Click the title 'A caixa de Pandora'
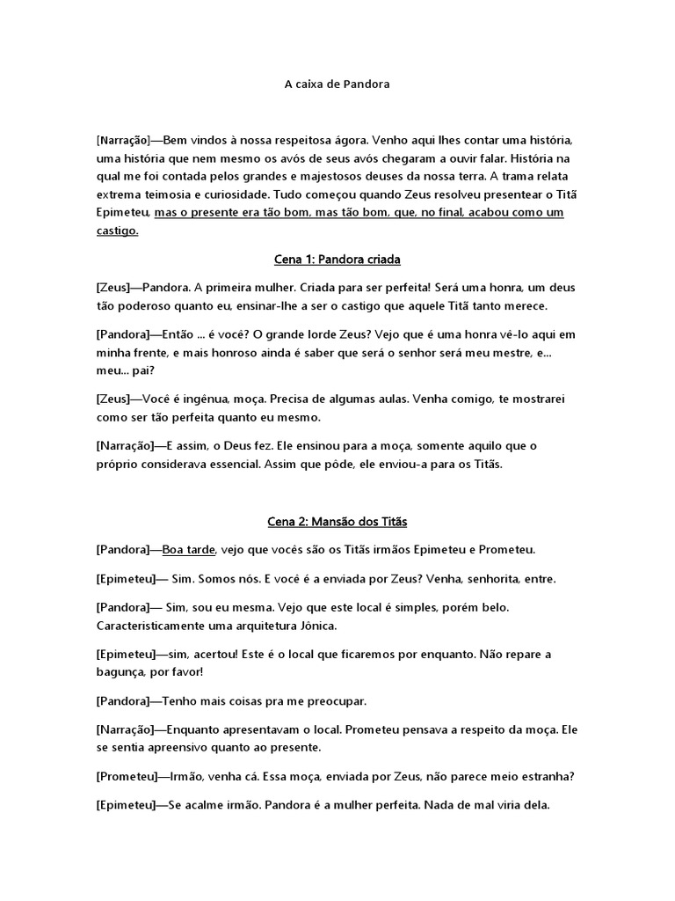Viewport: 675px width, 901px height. coord(337,85)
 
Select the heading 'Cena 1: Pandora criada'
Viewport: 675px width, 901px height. coord(337,260)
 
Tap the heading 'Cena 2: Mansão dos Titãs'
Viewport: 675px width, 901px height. coord(337,522)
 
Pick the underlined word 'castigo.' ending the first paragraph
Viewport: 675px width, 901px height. coord(117,232)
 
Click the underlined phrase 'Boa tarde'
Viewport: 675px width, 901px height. coord(189,550)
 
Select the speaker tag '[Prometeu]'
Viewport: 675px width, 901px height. coord(124,777)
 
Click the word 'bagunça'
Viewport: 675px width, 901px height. coord(120,671)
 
